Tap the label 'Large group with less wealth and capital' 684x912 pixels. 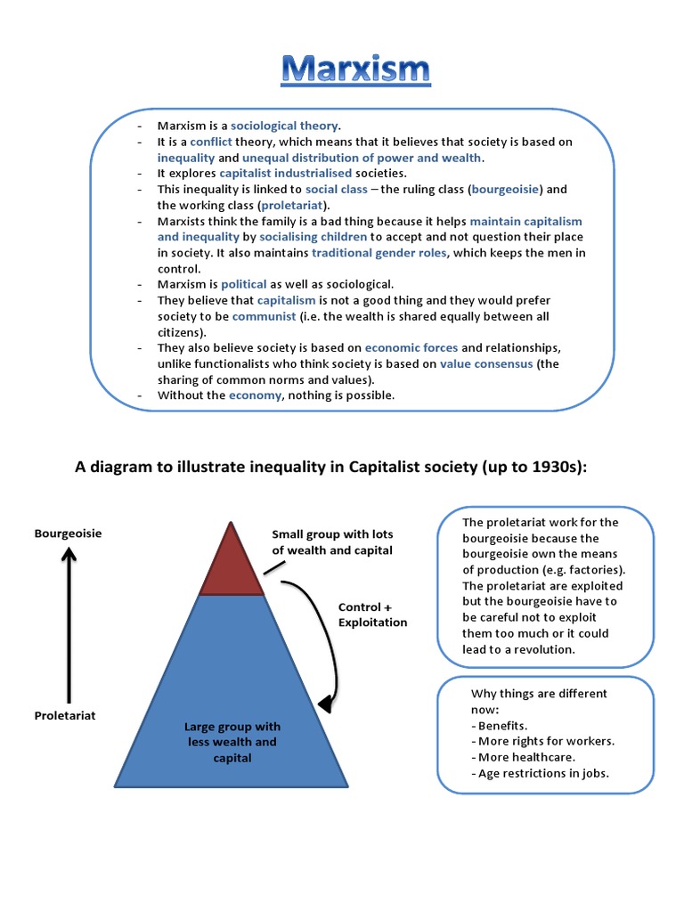coord(232,742)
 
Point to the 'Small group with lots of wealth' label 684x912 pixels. coord(332,541)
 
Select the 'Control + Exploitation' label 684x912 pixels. coord(372,615)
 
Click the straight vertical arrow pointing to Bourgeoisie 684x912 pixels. coord(69,623)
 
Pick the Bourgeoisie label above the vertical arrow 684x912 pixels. coord(68,533)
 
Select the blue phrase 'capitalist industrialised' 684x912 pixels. coord(285,173)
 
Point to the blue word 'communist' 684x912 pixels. coord(265,316)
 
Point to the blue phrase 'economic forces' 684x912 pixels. coord(411,347)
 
